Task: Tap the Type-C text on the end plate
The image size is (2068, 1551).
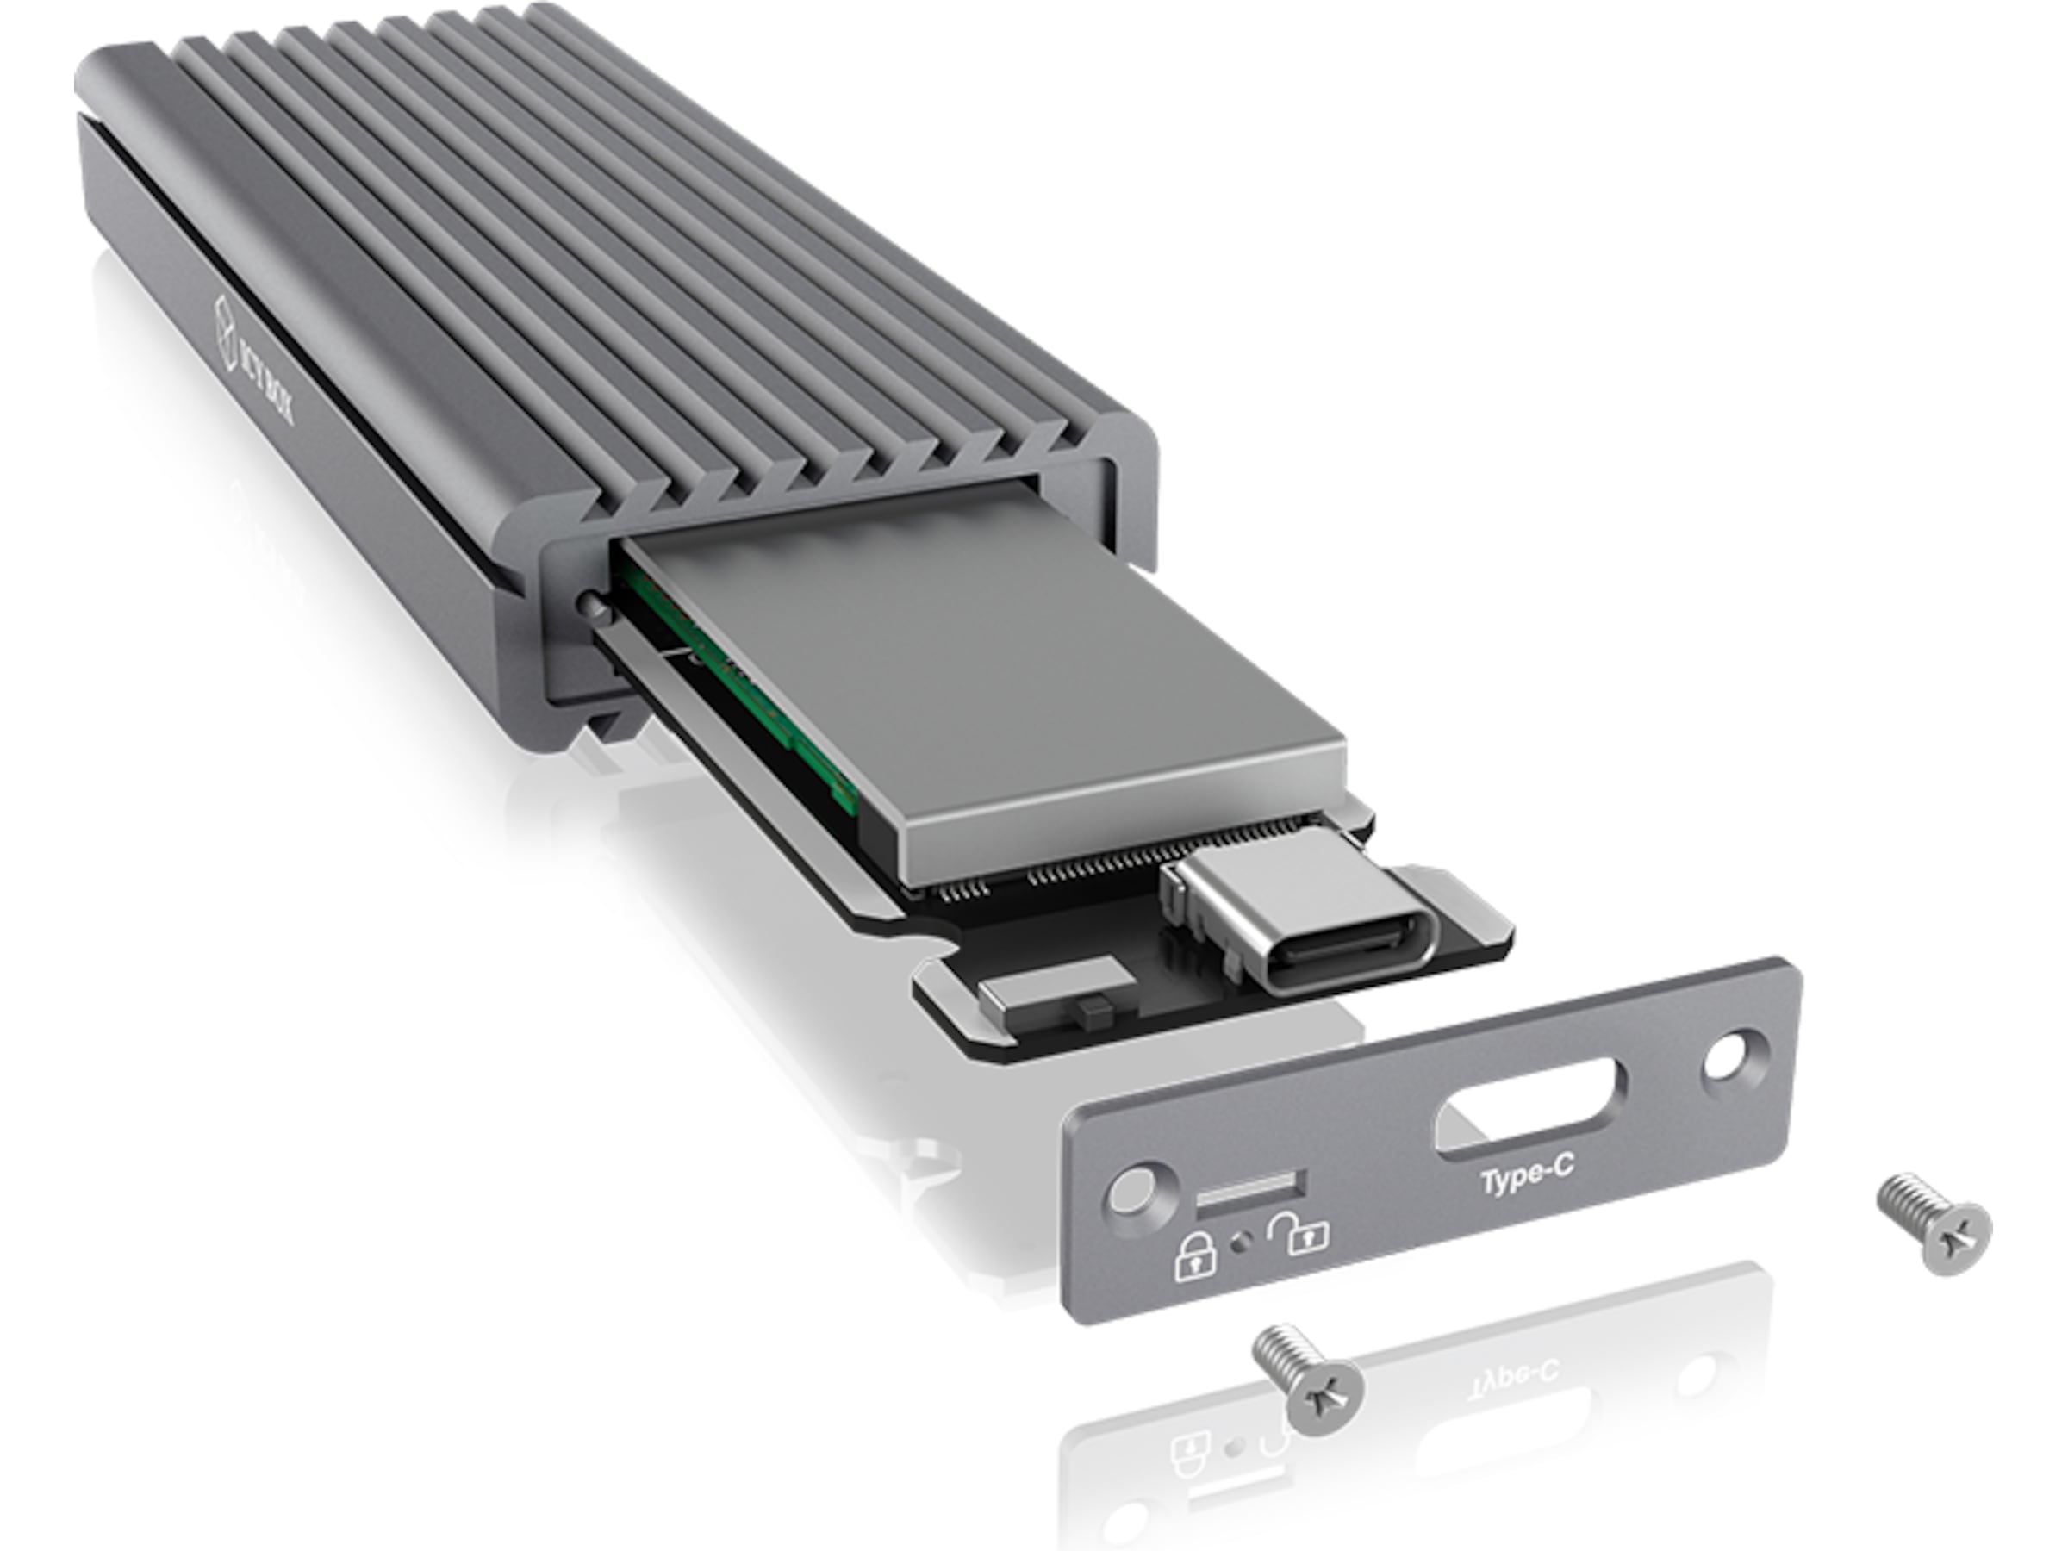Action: pos(1526,1175)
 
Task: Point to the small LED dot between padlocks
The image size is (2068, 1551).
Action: pos(1243,1243)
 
